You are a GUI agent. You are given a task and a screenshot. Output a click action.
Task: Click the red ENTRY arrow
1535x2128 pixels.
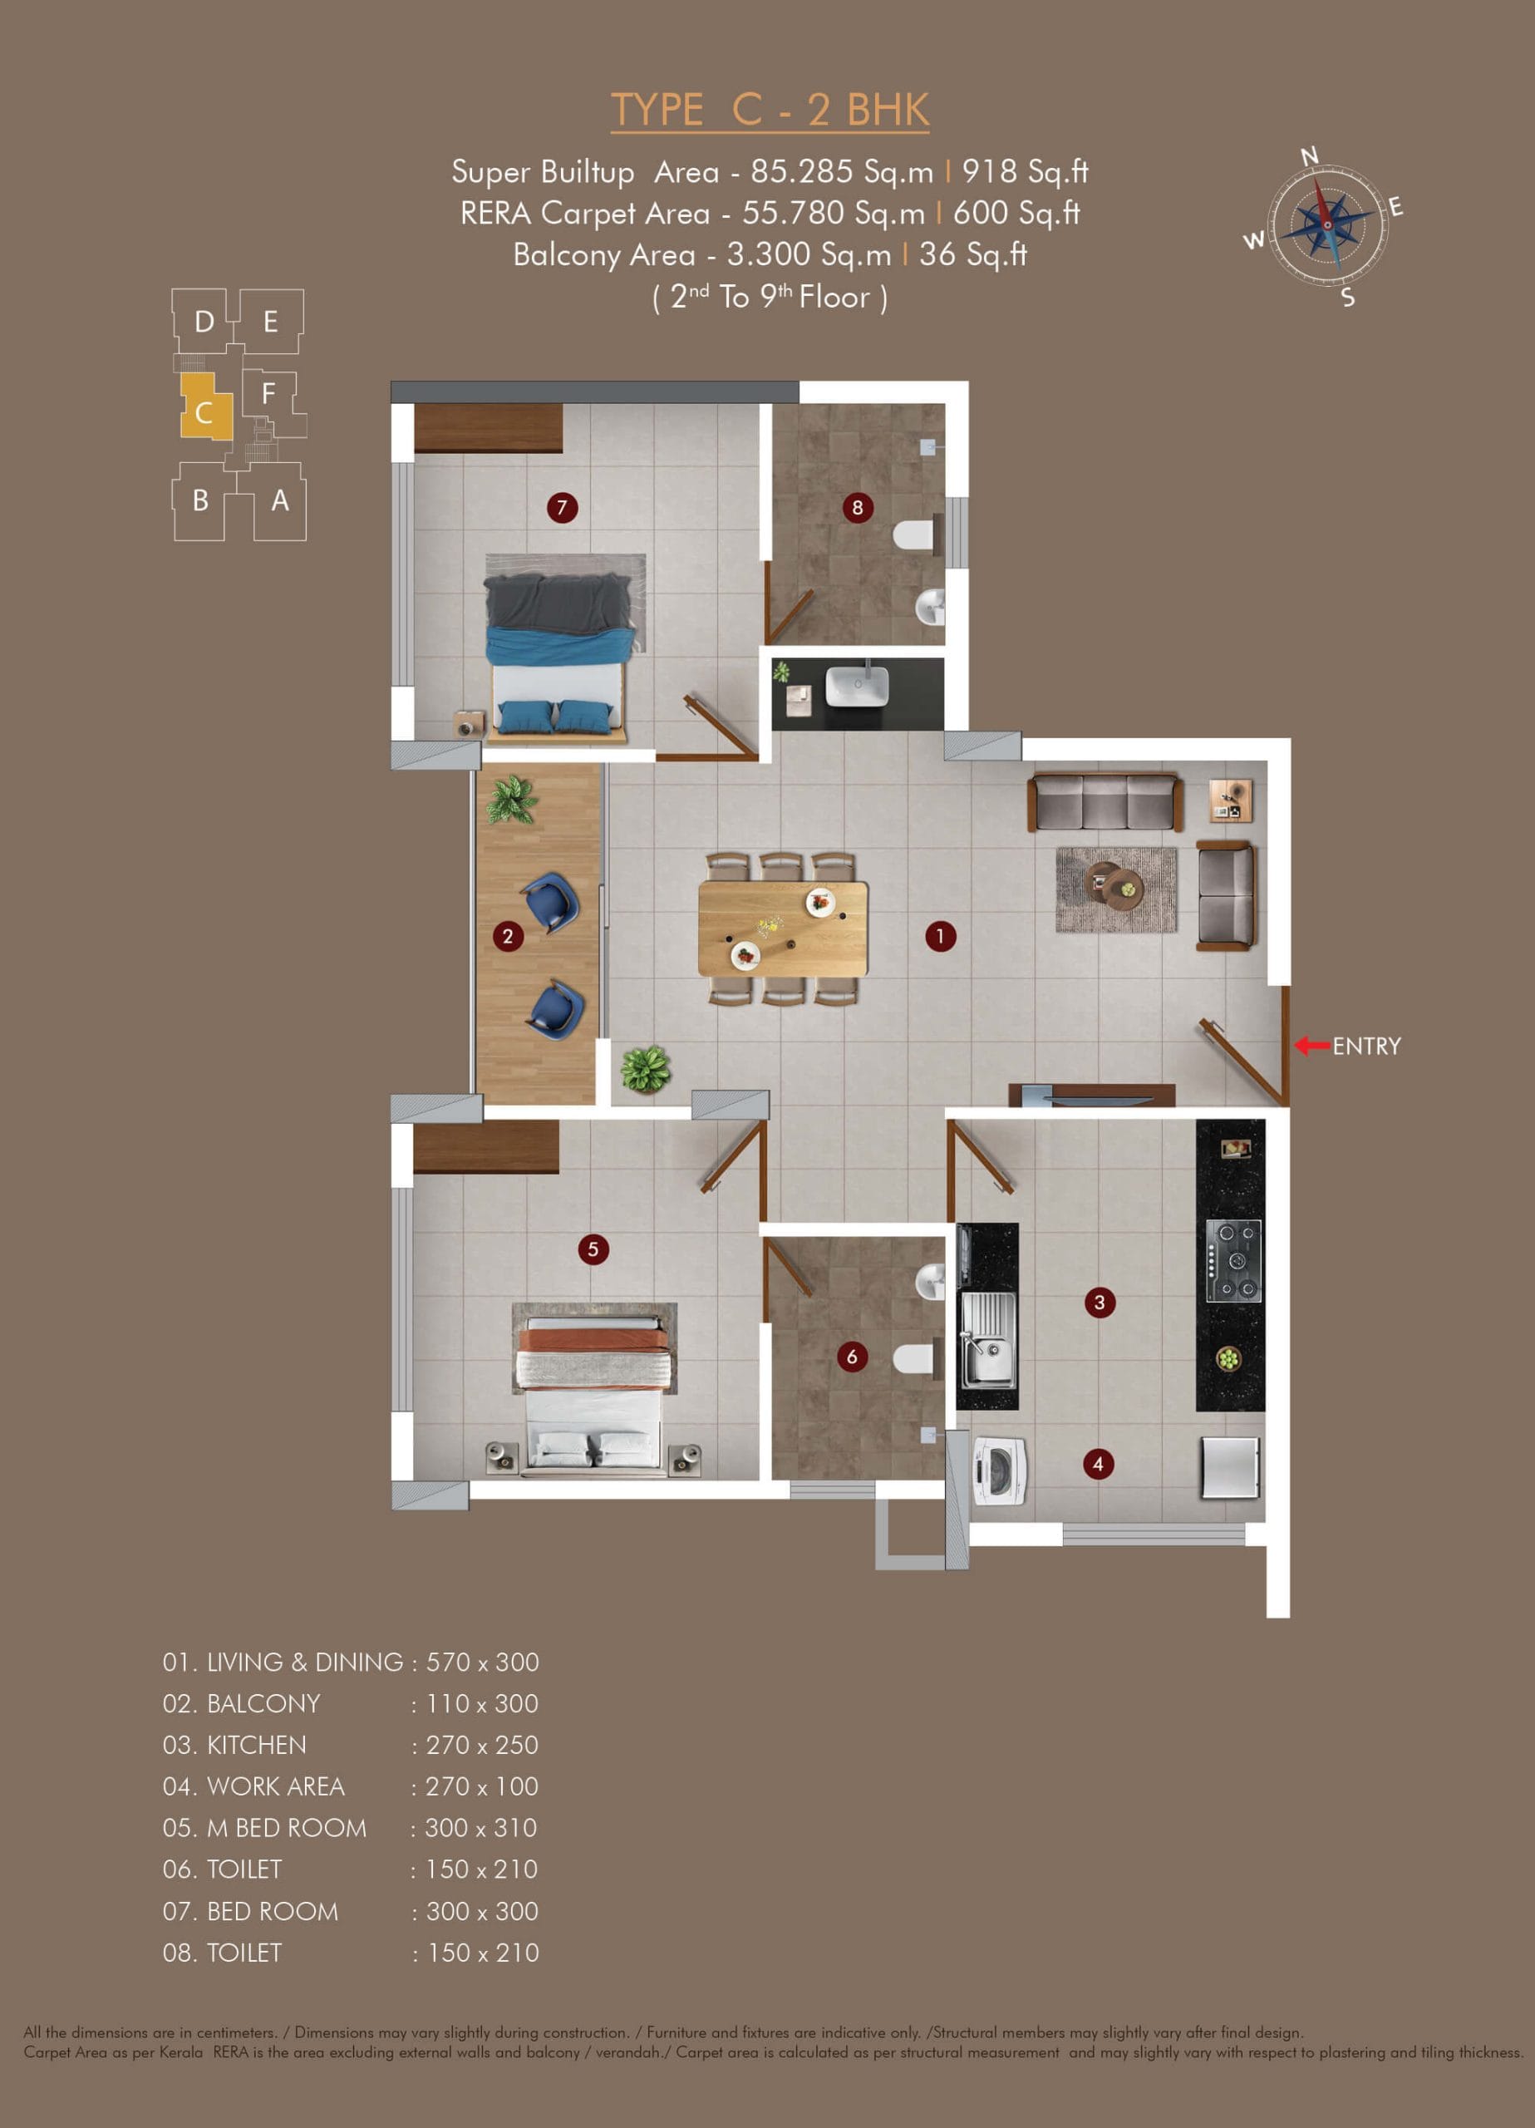[1311, 1045]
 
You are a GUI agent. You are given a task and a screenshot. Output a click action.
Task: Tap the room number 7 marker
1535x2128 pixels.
[562, 508]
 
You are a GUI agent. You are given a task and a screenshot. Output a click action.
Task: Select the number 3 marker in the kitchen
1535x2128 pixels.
[1100, 1303]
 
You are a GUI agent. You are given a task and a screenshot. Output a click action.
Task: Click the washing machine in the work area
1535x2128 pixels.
[1000, 1471]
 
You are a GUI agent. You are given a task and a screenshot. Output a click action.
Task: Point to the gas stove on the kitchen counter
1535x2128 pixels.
[1232, 1261]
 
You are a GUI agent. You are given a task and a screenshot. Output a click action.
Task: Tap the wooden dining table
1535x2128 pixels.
[783, 928]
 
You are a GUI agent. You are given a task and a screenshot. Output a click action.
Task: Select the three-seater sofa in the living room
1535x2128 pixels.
[1105, 801]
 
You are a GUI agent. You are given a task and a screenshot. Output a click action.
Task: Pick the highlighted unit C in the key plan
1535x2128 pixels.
[205, 406]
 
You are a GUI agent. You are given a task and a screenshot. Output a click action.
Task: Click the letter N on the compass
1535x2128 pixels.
[1310, 155]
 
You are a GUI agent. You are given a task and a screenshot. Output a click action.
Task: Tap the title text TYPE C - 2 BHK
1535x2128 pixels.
[770, 110]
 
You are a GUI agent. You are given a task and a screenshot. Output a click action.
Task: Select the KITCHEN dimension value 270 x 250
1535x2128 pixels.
[482, 1744]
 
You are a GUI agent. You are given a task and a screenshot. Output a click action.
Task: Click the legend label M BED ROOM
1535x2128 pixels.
[287, 1827]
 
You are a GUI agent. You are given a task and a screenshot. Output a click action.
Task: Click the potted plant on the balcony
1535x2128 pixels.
[511, 800]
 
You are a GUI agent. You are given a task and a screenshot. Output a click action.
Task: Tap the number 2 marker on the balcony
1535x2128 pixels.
[508, 935]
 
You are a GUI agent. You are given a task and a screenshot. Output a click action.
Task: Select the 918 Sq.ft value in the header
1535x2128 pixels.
[1025, 172]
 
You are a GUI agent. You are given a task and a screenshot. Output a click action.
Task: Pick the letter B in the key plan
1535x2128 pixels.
[199, 500]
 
